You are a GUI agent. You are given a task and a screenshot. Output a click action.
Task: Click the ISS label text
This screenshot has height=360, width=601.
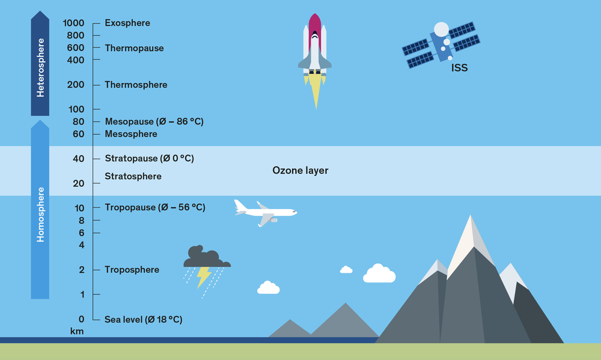[x=459, y=69]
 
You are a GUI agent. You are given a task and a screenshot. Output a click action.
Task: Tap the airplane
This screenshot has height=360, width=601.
[x=265, y=212]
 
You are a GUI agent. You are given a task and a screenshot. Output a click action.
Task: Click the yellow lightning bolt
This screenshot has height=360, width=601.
[x=204, y=276]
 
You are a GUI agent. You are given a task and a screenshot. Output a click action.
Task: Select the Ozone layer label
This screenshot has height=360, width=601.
[x=300, y=171]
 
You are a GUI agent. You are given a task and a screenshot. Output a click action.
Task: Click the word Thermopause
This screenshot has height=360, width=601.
[x=134, y=48]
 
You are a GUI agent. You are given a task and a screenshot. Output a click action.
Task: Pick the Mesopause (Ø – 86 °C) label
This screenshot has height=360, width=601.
[x=154, y=121]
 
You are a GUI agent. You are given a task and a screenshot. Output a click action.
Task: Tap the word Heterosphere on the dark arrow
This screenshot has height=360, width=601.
[x=40, y=68]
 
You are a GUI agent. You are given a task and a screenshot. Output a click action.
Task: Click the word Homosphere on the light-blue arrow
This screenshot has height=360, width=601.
[x=40, y=215]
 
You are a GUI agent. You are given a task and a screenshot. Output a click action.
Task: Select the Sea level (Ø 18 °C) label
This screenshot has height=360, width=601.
[x=143, y=319]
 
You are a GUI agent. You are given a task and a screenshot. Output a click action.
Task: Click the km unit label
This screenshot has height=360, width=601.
[x=76, y=331]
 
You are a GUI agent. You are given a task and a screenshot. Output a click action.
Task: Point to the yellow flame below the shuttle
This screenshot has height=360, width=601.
[x=316, y=90]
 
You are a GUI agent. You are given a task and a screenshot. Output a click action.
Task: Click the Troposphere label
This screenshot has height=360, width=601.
[x=132, y=270]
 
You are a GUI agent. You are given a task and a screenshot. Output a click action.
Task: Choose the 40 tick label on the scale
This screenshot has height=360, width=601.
[x=78, y=159]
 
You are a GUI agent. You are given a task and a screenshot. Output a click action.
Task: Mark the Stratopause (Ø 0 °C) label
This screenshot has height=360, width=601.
[x=149, y=159]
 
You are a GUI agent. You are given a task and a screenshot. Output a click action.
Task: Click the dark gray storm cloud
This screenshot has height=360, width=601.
[x=206, y=257]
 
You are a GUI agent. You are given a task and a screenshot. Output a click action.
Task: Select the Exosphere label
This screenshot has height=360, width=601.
[x=127, y=23]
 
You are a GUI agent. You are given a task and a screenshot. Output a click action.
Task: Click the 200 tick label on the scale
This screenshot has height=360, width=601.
[x=76, y=85]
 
